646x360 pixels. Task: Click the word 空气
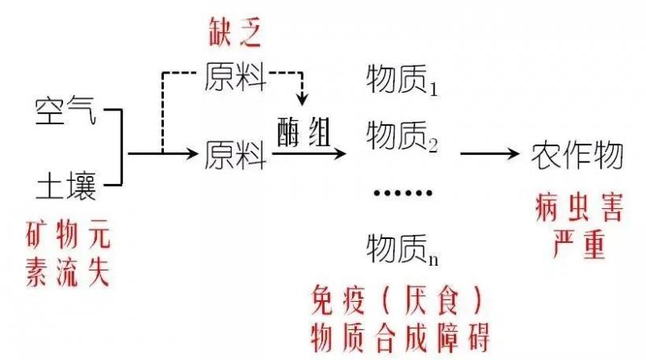65,111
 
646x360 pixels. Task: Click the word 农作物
577,154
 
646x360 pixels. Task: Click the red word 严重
578,244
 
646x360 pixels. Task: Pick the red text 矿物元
69,238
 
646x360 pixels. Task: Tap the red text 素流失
69,273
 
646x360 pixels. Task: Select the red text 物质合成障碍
401,334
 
